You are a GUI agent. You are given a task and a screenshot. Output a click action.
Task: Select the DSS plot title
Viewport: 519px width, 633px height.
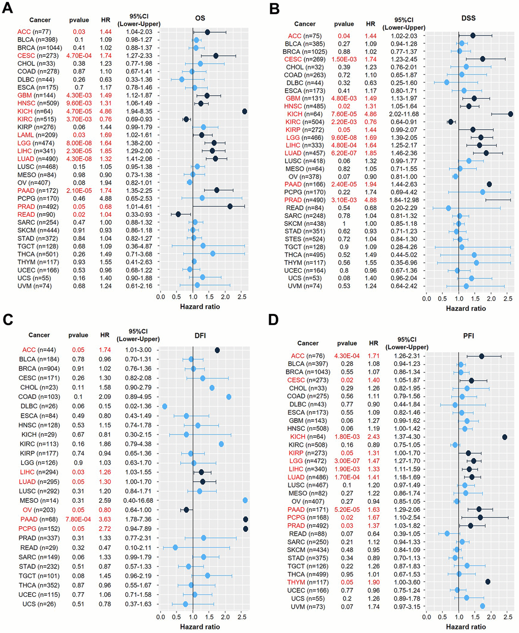[468, 18]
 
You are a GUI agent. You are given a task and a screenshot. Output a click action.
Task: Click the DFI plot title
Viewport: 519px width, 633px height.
[200, 335]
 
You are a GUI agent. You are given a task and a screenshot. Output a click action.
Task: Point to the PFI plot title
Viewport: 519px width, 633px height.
[468, 343]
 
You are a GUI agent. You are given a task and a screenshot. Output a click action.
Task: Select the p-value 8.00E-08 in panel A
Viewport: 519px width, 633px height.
[79, 143]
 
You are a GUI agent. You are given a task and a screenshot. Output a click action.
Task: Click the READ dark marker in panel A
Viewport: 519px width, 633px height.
[178, 214]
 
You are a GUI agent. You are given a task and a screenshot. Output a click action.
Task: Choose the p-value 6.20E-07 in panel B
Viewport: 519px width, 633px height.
[344, 153]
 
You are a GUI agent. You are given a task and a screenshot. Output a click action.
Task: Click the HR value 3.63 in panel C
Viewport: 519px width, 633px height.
[105, 519]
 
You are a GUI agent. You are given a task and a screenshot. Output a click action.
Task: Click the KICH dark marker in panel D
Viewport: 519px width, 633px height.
[505, 437]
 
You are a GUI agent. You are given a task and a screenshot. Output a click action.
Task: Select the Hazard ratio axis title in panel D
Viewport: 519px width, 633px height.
[466, 626]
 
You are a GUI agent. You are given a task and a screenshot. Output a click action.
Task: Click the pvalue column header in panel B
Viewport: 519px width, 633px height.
[344, 24]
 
